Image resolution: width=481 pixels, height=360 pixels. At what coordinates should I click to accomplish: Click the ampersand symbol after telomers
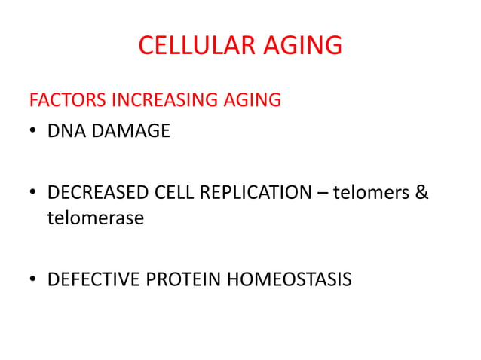coord(421,193)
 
